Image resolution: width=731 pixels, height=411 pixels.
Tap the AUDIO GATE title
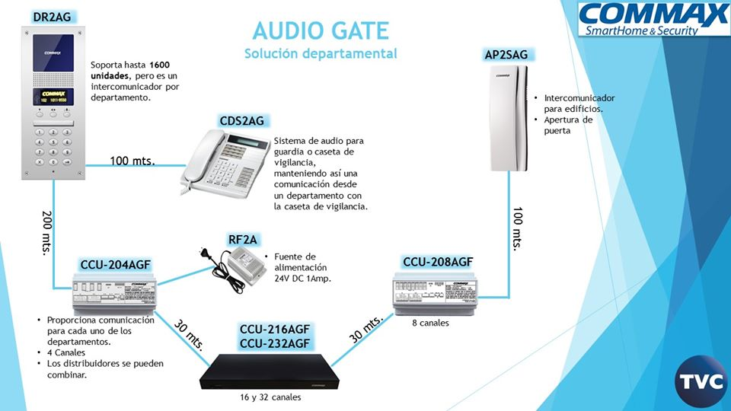point(320,30)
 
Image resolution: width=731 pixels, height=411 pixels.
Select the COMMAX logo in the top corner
point(653,19)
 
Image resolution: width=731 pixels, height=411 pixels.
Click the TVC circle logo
point(701,382)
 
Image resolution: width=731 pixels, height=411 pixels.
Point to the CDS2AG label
point(242,120)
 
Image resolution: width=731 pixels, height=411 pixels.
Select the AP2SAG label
point(506,54)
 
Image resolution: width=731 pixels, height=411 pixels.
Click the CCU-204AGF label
point(116,265)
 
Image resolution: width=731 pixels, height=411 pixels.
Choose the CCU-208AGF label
point(438,263)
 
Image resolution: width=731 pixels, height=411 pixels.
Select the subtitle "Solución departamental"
point(320,53)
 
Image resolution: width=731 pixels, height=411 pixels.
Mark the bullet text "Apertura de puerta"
point(567,126)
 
